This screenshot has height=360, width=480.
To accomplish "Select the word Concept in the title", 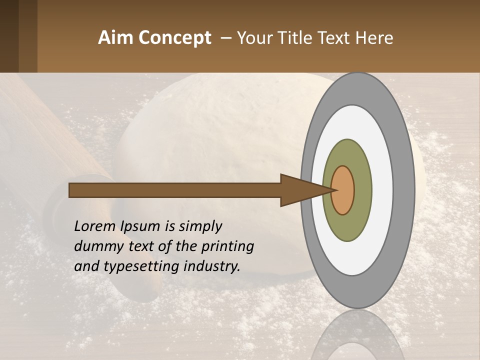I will pos(175,38).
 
